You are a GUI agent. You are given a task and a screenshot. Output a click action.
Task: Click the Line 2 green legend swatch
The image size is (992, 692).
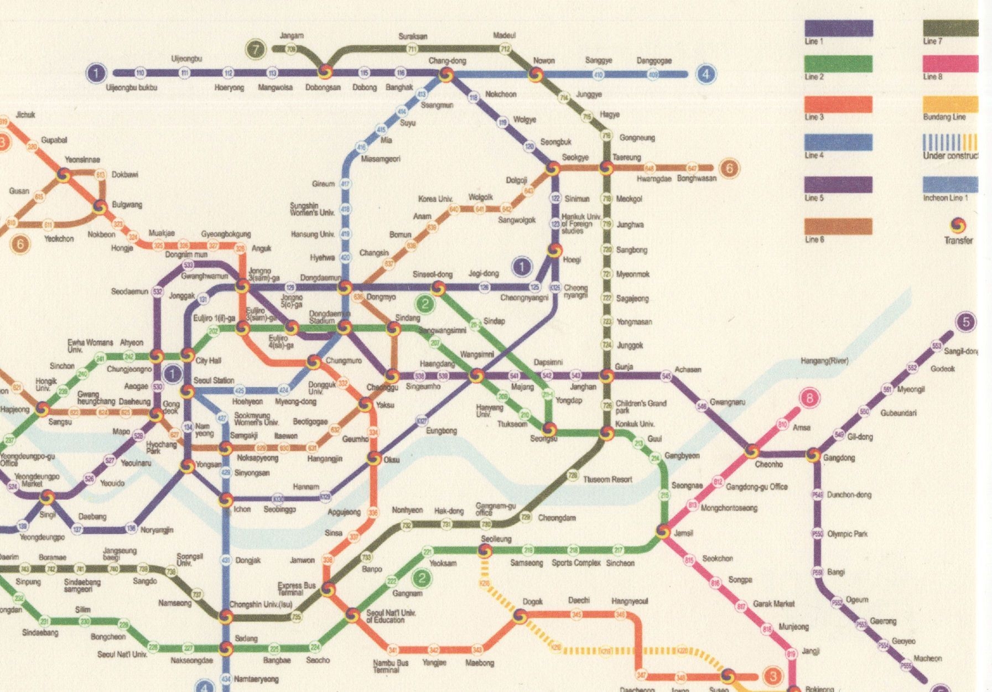(x=838, y=64)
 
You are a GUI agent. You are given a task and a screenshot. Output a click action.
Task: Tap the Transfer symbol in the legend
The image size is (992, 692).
(x=958, y=225)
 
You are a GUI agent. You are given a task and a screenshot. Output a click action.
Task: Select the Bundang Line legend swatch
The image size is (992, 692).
(x=950, y=104)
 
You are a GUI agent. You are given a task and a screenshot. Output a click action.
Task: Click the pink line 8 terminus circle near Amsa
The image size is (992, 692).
(x=810, y=398)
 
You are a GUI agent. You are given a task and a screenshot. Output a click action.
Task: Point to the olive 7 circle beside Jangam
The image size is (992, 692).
(x=256, y=49)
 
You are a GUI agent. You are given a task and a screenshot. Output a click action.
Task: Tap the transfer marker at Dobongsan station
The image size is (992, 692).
(x=325, y=72)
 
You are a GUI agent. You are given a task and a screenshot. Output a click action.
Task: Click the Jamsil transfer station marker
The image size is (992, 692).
(x=663, y=531)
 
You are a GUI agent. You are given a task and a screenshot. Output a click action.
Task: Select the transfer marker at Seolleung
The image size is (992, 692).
(x=485, y=550)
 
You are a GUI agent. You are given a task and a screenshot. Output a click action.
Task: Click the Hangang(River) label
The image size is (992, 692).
(x=824, y=361)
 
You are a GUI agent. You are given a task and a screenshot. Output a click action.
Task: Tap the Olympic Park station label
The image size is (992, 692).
(x=847, y=534)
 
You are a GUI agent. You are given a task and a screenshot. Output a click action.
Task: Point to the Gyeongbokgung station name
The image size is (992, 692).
(x=226, y=234)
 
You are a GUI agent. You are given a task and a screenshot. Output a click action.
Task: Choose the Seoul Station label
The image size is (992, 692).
(x=214, y=381)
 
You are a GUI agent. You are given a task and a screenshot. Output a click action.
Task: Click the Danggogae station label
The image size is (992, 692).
(x=654, y=61)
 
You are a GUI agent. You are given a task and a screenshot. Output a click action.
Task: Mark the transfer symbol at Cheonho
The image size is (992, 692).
(x=751, y=451)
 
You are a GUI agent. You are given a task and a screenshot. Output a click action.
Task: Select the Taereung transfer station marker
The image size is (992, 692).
(x=606, y=168)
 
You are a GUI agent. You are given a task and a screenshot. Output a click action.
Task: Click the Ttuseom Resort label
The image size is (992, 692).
(x=607, y=480)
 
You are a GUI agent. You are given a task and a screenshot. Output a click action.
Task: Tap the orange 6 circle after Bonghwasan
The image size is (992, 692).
(x=729, y=168)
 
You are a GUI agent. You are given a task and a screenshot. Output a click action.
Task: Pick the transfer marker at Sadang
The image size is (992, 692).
(x=225, y=647)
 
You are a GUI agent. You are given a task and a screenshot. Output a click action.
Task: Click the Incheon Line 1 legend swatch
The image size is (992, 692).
(x=950, y=184)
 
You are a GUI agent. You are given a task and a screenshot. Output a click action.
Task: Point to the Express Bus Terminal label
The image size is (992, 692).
(x=297, y=589)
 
